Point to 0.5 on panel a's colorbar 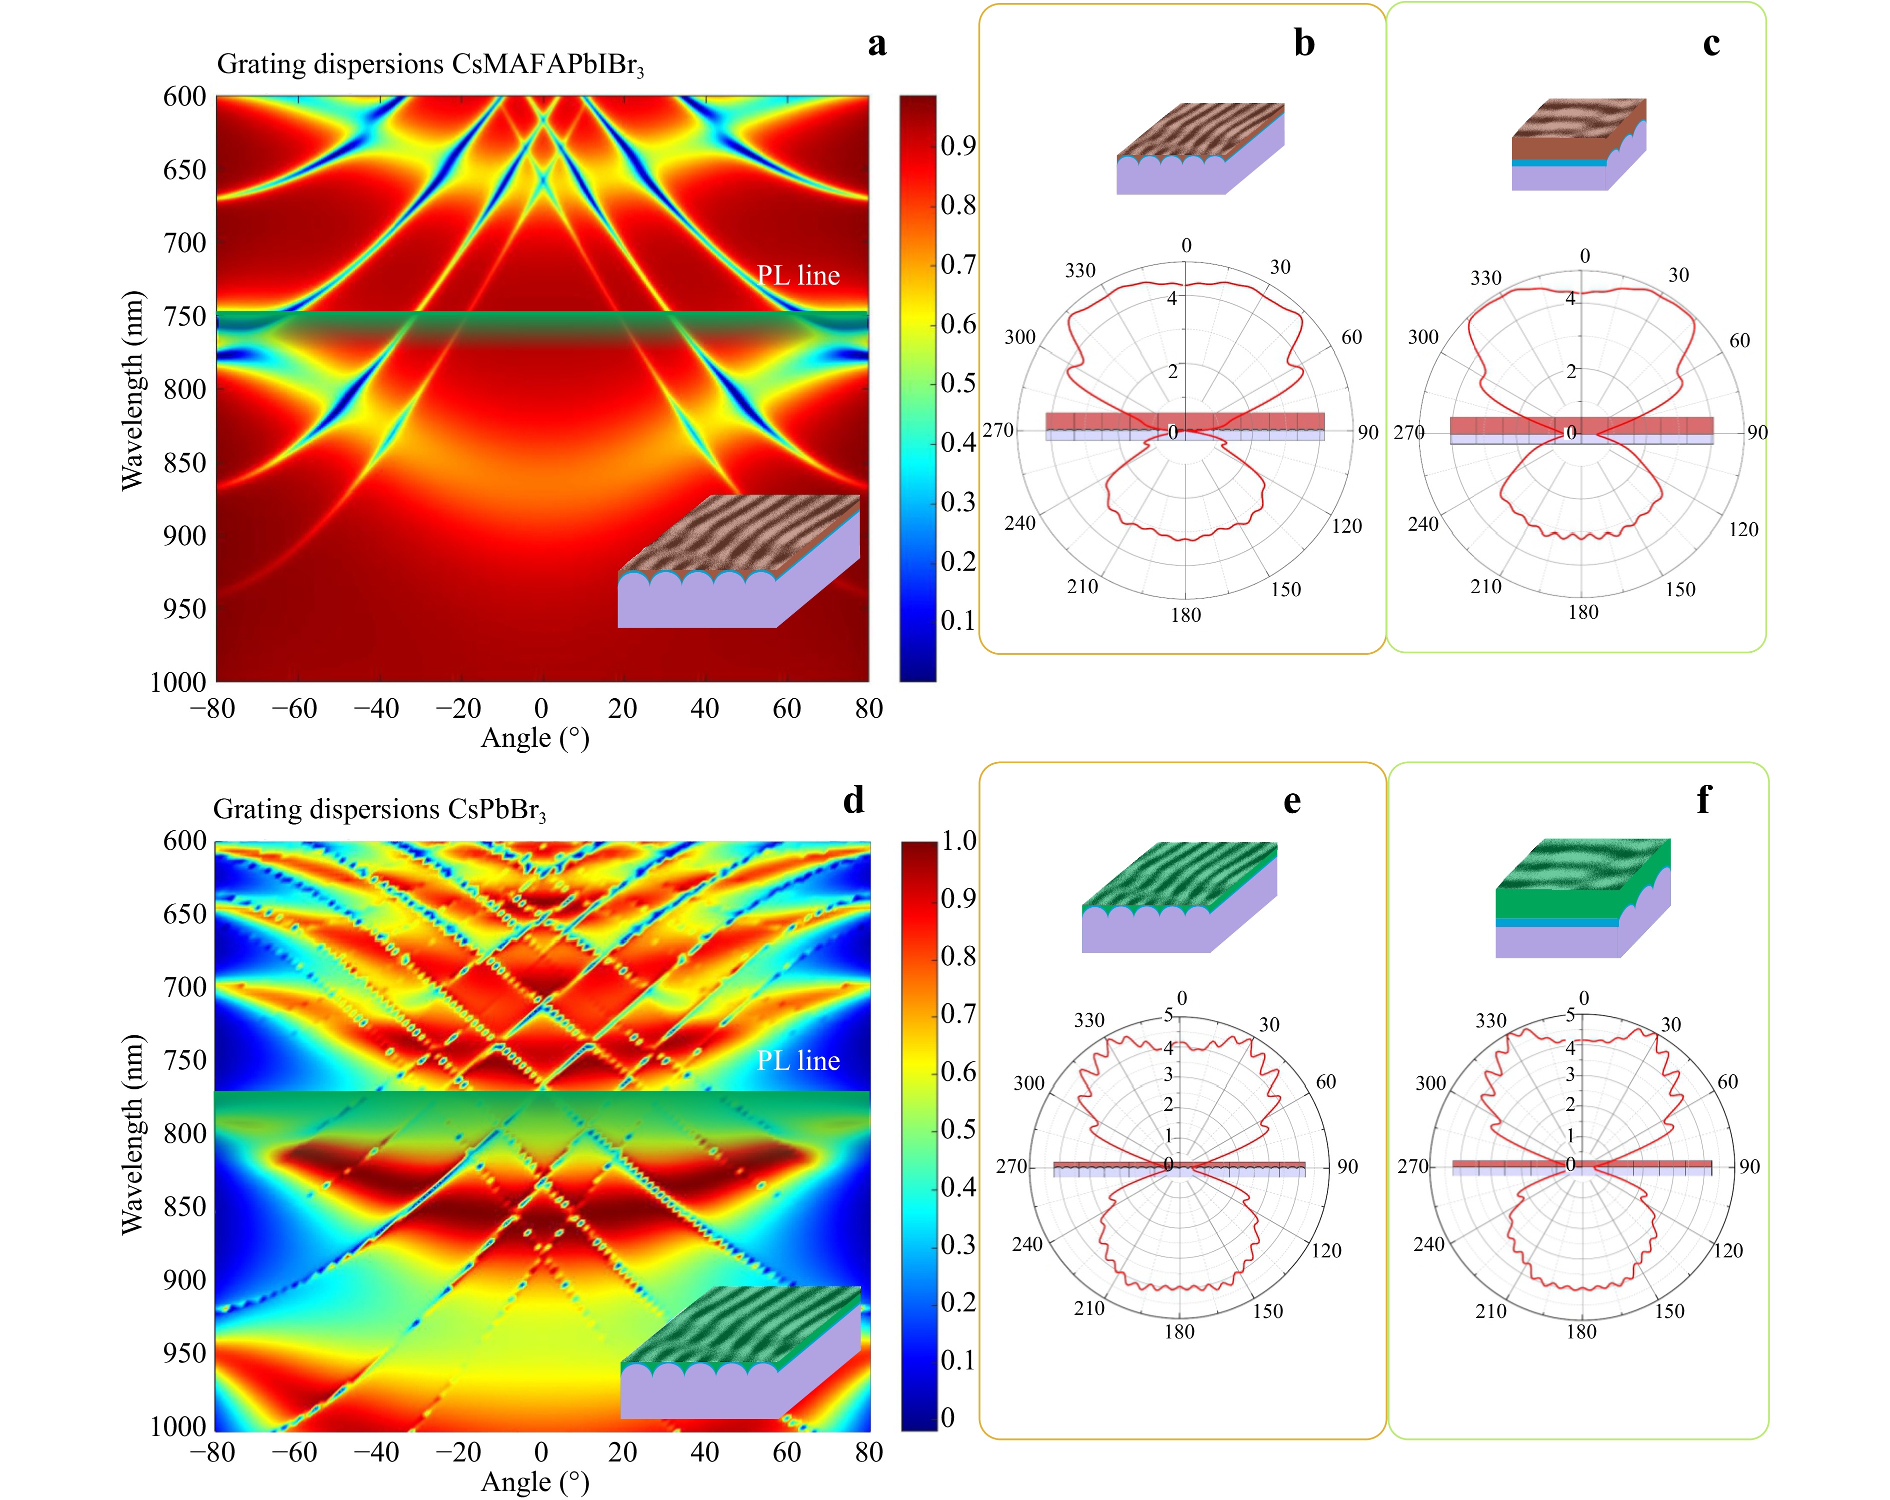tap(958, 383)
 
